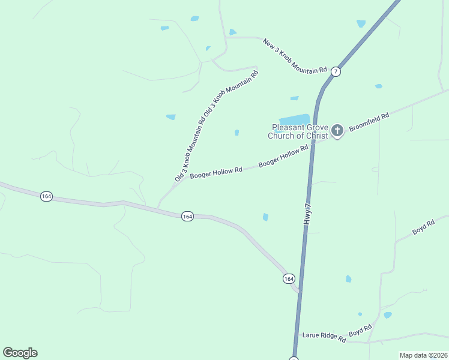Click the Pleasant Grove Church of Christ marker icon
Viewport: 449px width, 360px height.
337,130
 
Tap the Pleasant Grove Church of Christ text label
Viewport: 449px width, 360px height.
300,131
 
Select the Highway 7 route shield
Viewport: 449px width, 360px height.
336,71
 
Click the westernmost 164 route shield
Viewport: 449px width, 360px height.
46,196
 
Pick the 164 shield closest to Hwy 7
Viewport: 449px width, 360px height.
289,278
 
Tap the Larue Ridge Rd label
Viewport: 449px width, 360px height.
324,337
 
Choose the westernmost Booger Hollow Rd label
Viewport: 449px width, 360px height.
215,173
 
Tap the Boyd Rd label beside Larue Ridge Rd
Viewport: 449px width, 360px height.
361,330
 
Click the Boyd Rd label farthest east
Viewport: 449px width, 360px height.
423,227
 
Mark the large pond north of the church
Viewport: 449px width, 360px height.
294,119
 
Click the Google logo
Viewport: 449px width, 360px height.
20,353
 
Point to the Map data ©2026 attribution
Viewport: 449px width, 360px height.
423,355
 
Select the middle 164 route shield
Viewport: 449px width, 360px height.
187,216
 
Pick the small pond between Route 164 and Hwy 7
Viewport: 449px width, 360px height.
265,217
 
